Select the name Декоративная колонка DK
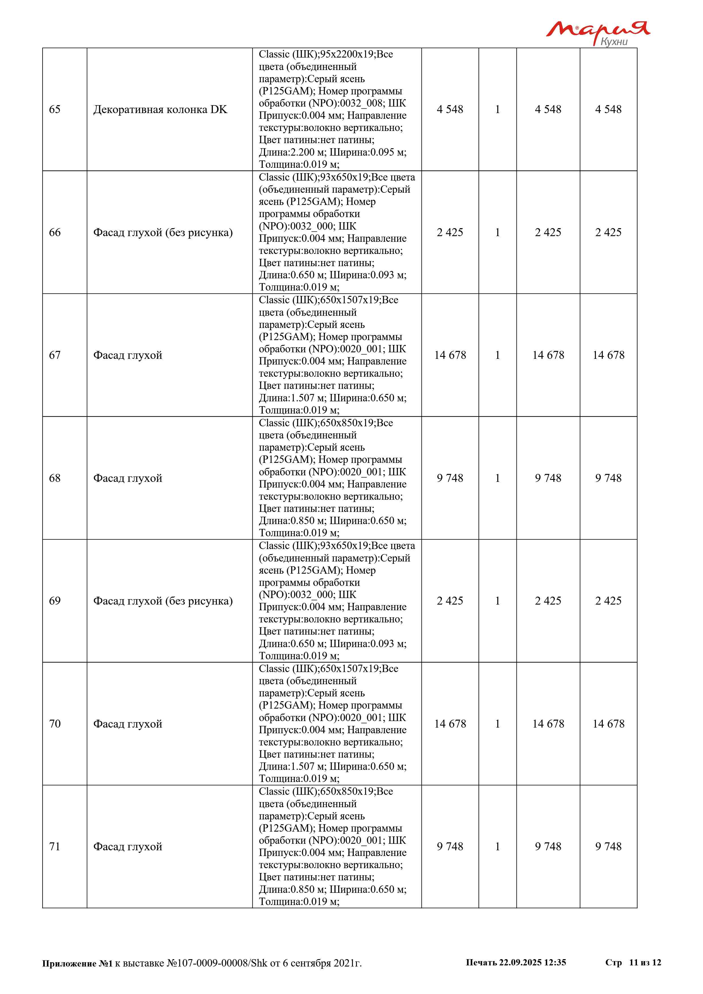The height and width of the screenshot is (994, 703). pos(160,109)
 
